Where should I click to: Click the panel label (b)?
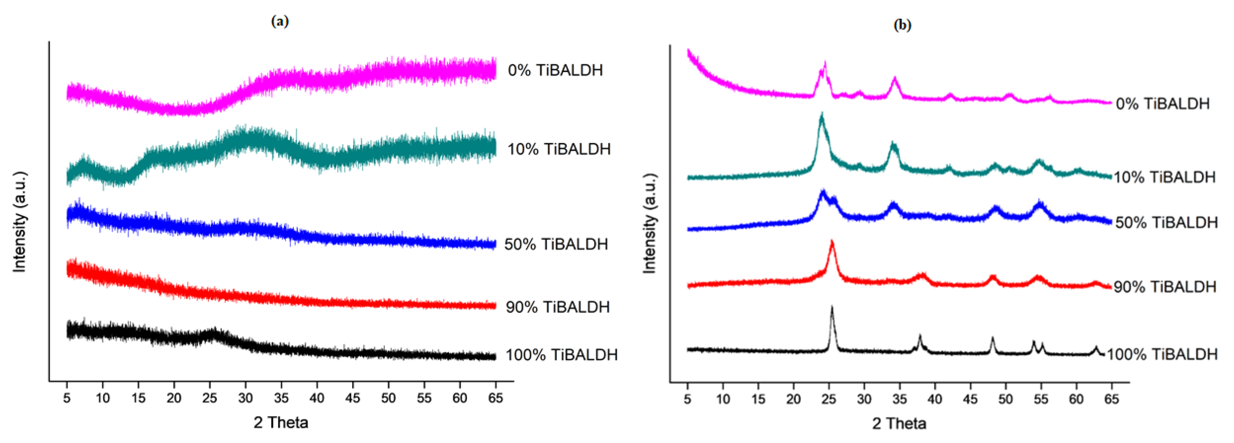[903, 25]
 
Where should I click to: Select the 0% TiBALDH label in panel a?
[555, 70]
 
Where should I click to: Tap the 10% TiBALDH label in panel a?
[559, 149]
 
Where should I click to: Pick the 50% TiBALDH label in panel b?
[1166, 222]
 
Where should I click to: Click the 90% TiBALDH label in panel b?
[1165, 287]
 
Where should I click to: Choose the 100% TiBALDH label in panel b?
[1162, 354]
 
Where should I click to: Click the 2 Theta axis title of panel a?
[281, 422]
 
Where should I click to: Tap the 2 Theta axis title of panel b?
[899, 423]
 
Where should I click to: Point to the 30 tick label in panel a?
[245, 398]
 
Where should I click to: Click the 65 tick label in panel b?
[1111, 399]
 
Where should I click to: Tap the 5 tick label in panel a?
[67, 398]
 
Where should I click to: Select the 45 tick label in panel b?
[970, 399]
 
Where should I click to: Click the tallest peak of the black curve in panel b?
[832, 308]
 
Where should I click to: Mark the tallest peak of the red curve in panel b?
[832, 242]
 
